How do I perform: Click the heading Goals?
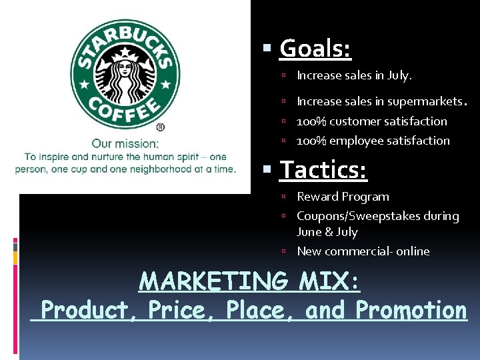[315, 48]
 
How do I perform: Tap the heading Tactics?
[323, 170]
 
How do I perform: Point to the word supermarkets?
[423, 102]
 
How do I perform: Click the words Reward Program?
[343, 197]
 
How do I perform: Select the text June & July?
[327, 232]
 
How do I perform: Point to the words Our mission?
[125, 143]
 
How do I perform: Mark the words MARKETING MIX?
[249, 282]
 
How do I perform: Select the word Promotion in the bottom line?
[411, 310]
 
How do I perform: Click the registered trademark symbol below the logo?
[161, 127]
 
